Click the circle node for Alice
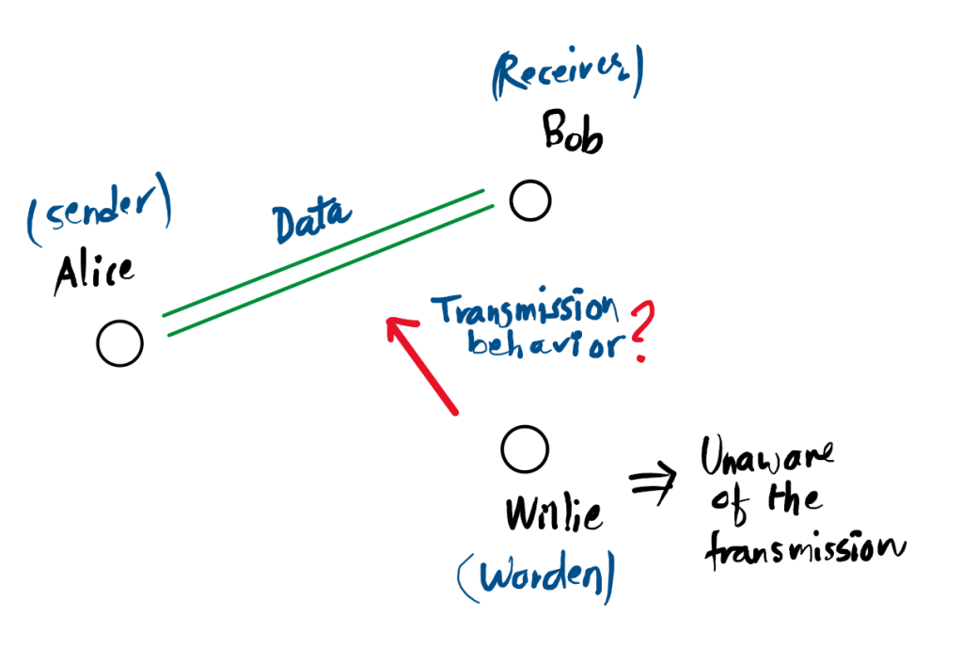point(119,343)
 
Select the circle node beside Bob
point(529,200)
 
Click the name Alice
point(93,273)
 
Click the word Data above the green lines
point(311,221)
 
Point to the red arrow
point(423,365)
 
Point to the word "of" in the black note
point(727,504)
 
